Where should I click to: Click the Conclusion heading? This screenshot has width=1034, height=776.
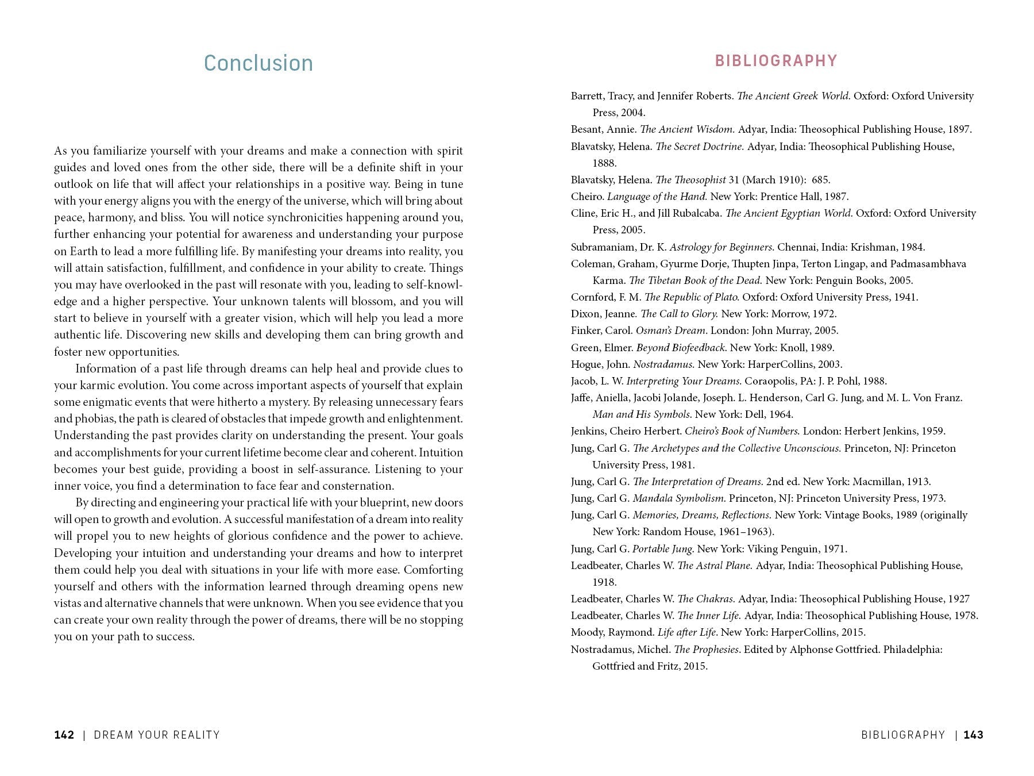[x=258, y=63]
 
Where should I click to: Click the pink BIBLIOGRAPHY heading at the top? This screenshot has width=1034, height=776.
[x=776, y=61]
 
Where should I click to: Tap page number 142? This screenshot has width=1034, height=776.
[x=64, y=735]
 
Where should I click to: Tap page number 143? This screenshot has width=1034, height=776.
[x=974, y=735]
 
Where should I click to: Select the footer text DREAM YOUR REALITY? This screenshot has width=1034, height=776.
[x=157, y=735]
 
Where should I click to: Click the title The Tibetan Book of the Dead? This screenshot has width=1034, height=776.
[x=695, y=281]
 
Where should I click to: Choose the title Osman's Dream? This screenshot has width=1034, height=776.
[x=670, y=331]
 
